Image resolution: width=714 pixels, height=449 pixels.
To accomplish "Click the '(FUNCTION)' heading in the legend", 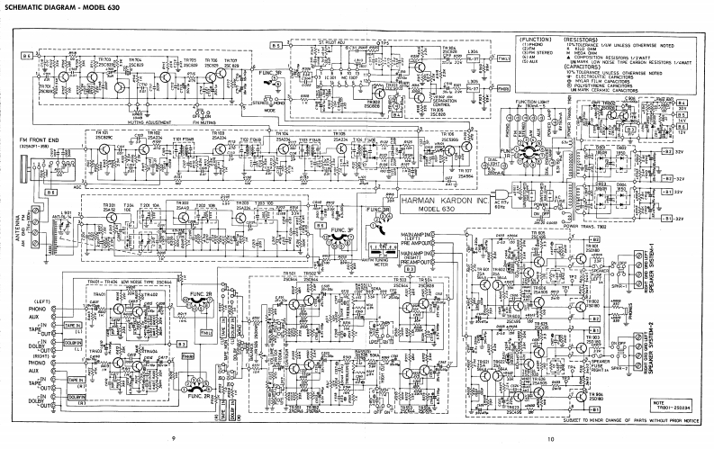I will coord(534,40).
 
